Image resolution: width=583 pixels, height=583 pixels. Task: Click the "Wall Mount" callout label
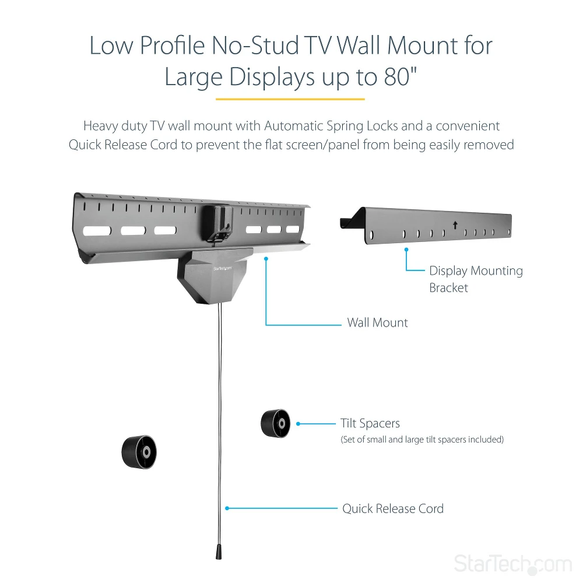coord(377,322)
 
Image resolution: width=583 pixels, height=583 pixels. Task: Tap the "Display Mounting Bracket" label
coord(476,279)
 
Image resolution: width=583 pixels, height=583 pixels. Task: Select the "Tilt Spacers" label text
coord(370,424)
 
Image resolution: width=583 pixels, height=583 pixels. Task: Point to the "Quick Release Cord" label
coord(393,508)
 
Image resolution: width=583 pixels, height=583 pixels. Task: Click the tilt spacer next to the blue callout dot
coord(275,423)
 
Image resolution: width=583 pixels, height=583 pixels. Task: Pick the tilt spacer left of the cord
coord(139,451)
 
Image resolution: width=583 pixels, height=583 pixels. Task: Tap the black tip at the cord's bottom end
coord(220,552)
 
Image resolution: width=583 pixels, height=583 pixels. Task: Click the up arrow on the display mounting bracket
coord(455,224)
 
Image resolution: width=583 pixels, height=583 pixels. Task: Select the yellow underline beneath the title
coord(290,100)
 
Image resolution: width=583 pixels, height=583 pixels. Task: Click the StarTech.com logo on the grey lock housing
coord(223,268)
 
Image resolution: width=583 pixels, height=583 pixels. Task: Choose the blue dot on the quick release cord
coord(227,508)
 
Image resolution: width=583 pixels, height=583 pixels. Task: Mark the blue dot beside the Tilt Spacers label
coord(298,424)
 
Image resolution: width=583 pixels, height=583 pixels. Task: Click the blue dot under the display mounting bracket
coord(406,249)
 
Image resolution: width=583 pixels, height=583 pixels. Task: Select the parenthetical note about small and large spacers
coord(422,440)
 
